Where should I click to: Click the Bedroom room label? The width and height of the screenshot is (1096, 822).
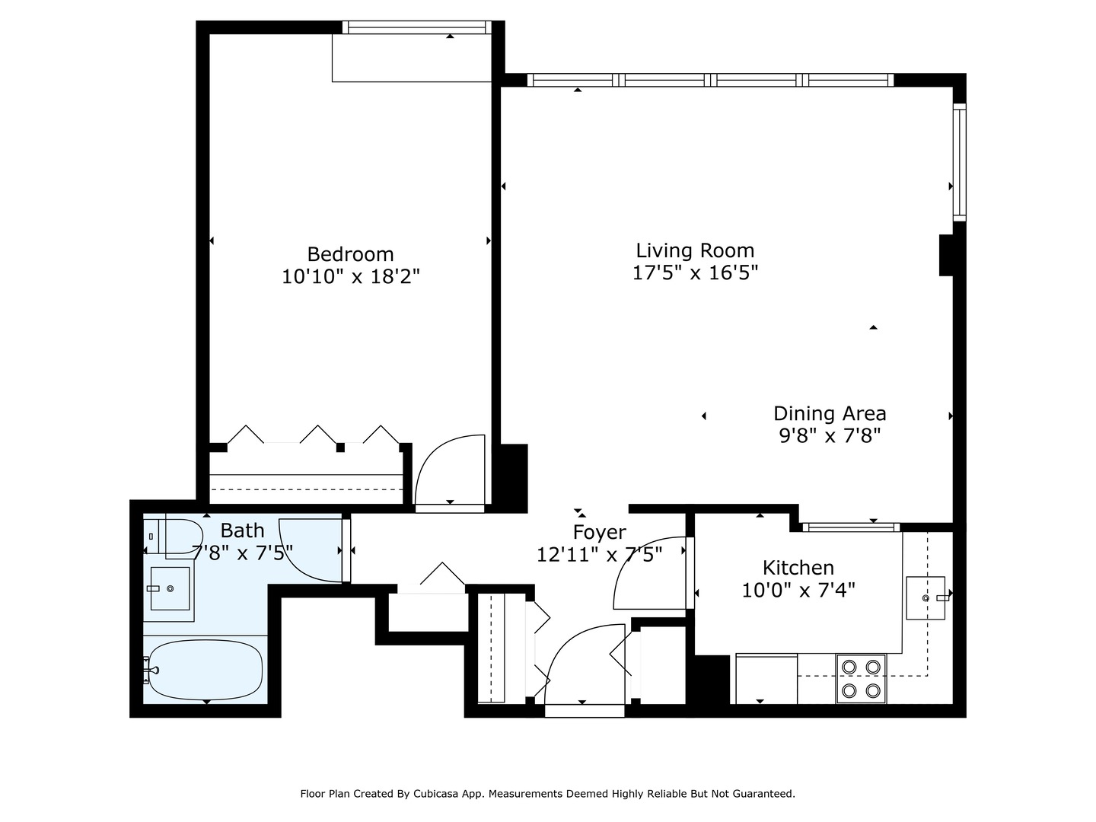point(350,254)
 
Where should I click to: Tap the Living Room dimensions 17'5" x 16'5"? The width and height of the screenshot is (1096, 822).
point(695,272)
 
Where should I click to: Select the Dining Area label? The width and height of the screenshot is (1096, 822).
point(830,413)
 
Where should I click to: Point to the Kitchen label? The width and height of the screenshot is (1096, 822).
point(798,568)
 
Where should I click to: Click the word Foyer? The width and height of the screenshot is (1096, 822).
point(600,532)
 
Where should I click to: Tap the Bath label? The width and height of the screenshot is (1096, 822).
point(242,530)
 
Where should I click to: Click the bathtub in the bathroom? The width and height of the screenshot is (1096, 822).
point(205,670)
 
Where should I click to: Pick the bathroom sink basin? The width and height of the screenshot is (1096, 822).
point(169,588)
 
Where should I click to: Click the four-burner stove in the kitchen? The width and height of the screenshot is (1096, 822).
point(861,679)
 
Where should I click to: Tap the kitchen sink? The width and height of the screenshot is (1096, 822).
point(925,598)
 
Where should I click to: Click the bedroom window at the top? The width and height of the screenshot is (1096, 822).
point(415,27)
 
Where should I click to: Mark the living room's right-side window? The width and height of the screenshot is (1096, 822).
point(959,162)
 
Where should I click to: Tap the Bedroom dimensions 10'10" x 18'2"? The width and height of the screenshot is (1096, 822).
point(350,276)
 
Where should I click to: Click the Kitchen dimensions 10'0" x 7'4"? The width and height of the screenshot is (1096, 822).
point(798,590)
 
